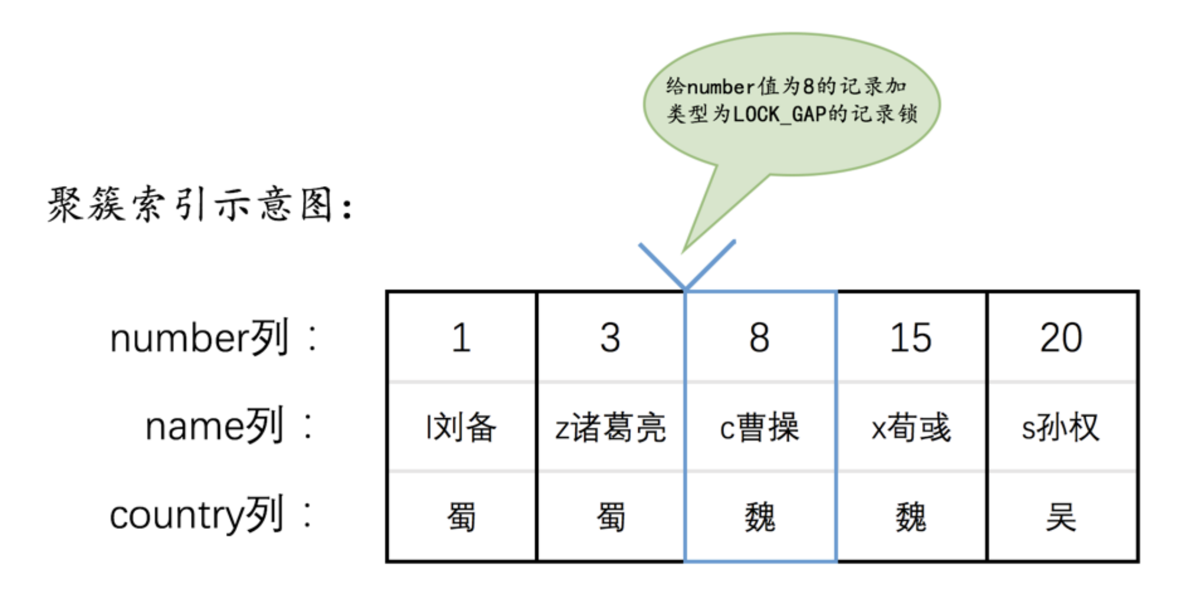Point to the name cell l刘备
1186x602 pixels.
(462, 427)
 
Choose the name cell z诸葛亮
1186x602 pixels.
(611, 427)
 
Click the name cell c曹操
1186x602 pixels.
(760, 427)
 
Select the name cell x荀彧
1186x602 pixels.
(911, 427)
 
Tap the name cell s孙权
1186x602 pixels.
(1061, 427)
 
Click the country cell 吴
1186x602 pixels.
(1061, 517)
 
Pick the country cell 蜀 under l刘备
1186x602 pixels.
(462, 517)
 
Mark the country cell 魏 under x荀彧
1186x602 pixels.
(911, 517)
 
